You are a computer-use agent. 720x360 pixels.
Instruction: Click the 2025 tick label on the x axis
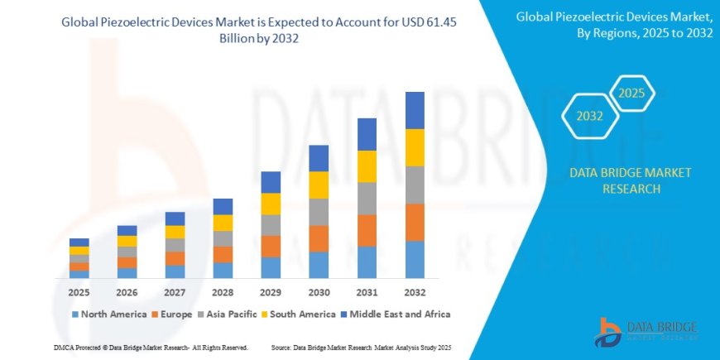click(x=79, y=292)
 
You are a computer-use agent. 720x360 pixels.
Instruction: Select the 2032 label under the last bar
click(x=414, y=292)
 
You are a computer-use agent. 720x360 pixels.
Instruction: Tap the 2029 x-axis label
click(x=271, y=292)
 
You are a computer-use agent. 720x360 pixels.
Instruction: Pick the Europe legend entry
click(x=172, y=314)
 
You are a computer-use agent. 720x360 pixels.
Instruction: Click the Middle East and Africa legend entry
click(x=396, y=314)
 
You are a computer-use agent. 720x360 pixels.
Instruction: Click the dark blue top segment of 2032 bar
click(x=415, y=110)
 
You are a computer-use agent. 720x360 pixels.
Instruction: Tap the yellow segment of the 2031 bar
click(x=367, y=166)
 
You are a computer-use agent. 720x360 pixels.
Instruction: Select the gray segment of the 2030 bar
click(x=319, y=212)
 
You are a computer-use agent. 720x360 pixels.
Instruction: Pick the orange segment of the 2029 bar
click(x=271, y=246)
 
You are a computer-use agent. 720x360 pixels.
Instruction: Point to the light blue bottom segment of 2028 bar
click(x=223, y=270)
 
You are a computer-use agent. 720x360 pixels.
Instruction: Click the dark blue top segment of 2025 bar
click(x=79, y=242)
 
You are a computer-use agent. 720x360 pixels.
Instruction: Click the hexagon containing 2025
click(x=632, y=92)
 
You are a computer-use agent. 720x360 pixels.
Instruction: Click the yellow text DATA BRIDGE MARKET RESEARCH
click(x=631, y=180)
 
